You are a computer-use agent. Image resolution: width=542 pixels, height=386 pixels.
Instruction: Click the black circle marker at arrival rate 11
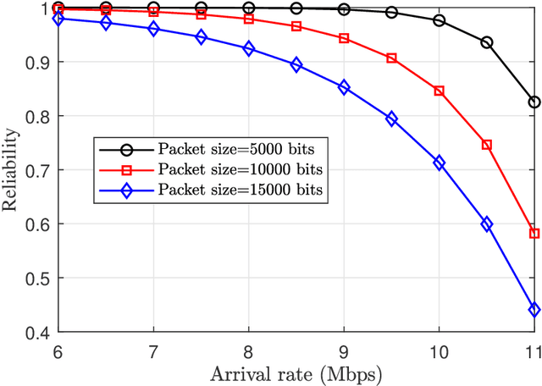point(534,102)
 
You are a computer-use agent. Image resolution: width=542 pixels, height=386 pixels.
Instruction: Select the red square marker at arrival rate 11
point(534,233)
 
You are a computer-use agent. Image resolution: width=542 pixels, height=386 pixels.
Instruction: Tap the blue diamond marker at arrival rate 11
point(534,310)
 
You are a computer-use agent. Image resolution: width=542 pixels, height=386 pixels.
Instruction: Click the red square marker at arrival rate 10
point(440,91)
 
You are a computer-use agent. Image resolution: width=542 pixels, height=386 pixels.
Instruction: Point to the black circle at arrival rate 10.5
point(487,42)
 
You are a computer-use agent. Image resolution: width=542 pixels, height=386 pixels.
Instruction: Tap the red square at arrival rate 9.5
point(391,58)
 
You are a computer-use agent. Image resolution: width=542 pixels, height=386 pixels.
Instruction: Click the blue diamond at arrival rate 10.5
point(487,223)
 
